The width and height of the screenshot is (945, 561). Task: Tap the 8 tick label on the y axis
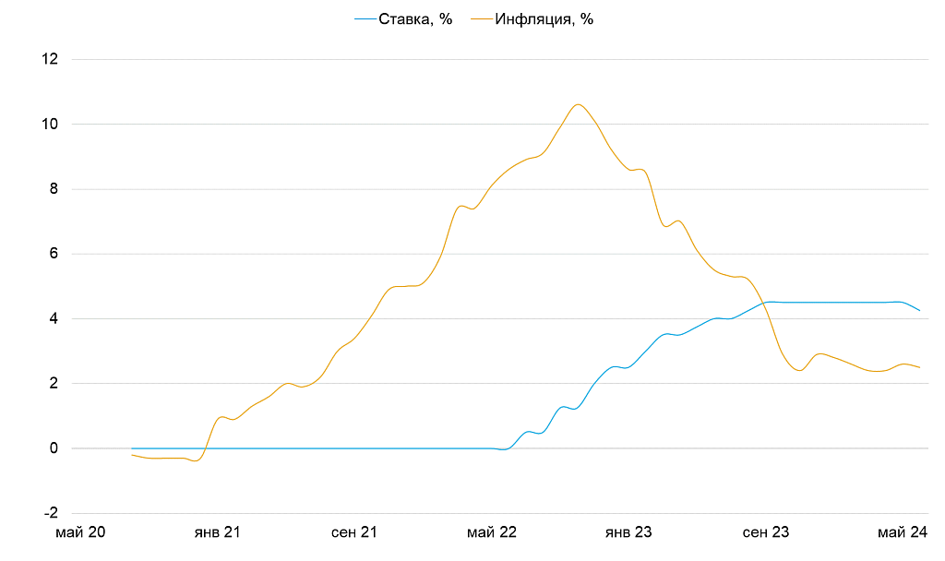point(54,189)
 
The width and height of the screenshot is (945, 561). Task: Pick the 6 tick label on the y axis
point(54,254)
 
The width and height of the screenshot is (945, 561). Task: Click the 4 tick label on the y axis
point(54,319)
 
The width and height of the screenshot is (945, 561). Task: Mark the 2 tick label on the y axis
point(54,384)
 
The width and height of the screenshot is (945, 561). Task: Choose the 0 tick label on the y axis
point(54,448)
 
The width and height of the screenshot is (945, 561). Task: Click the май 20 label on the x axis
point(80,532)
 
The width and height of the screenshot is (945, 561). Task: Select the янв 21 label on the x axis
point(217,532)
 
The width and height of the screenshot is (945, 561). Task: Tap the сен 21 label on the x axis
point(353,532)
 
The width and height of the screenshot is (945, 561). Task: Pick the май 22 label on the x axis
point(492,532)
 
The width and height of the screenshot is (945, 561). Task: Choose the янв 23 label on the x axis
point(628,532)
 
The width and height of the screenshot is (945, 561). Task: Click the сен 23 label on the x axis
point(766,532)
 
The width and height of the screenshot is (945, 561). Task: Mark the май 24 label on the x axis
point(903,532)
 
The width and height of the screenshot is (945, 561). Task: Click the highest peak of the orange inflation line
point(578,104)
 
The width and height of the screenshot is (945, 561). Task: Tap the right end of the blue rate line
point(919,310)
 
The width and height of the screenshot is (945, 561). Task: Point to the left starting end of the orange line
point(132,455)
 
